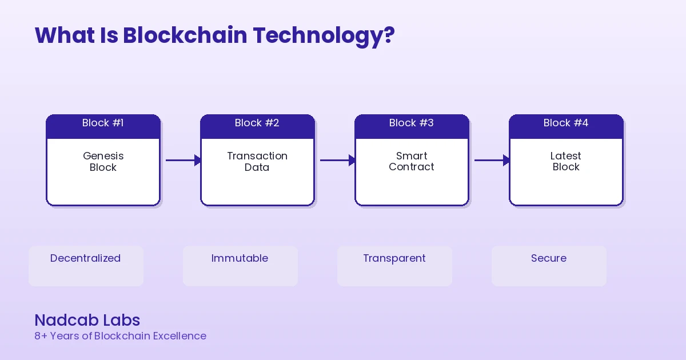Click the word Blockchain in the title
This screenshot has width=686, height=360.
click(x=186, y=35)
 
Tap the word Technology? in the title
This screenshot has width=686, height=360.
click(x=324, y=35)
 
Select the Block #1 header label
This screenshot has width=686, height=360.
click(x=103, y=123)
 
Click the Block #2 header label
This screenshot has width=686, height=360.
click(x=257, y=123)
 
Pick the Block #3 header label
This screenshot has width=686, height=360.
click(x=412, y=123)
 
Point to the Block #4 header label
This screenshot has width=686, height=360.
click(x=566, y=123)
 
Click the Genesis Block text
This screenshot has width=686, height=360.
click(x=103, y=162)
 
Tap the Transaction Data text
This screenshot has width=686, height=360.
click(x=257, y=162)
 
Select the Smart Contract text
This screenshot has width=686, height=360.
click(x=412, y=161)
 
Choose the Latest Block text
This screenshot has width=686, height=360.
click(x=566, y=161)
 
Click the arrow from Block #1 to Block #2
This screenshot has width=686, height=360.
click(x=183, y=160)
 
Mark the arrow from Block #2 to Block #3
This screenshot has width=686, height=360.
click(x=337, y=160)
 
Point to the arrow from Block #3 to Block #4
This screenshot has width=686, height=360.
click(x=492, y=160)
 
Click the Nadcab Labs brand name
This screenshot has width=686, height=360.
click(x=87, y=320)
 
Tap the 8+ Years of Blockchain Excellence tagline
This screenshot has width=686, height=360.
click(x=120, y=336)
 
